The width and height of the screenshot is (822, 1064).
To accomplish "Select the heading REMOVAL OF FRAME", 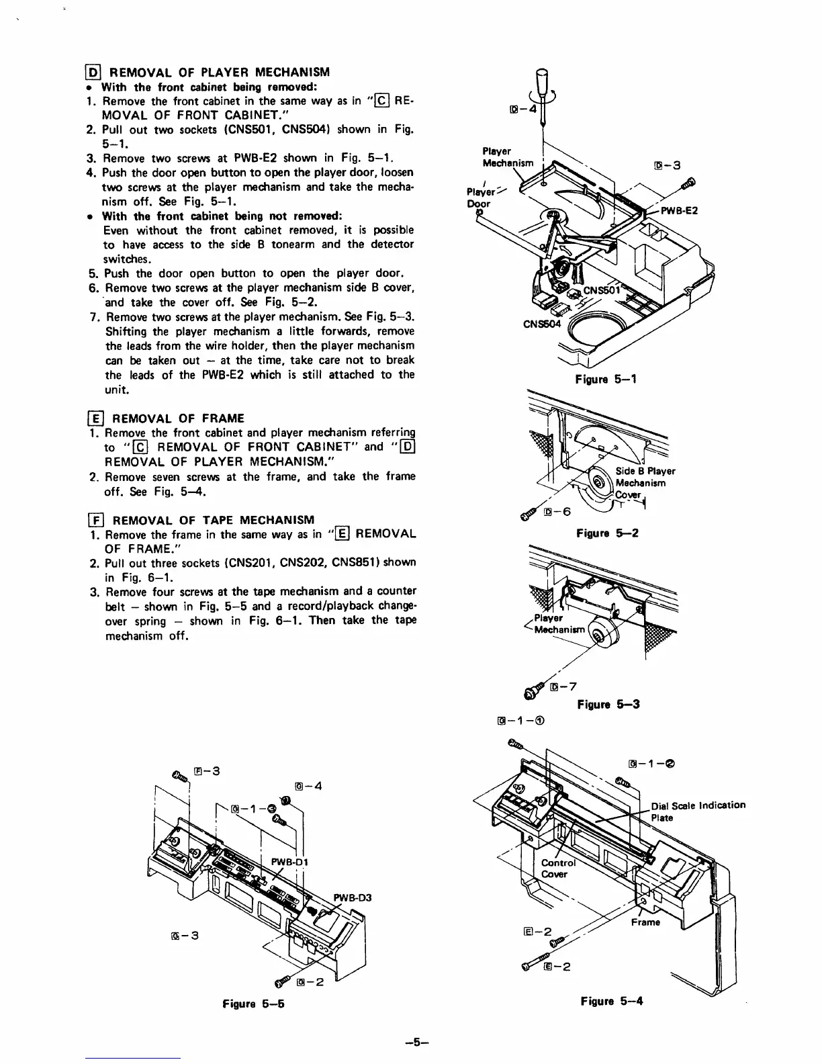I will (178, 418).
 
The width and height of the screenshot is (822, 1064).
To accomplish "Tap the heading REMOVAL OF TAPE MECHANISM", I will (213, 519).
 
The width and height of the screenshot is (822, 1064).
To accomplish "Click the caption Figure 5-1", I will (606, 380).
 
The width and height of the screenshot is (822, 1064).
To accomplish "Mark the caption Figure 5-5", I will (254, 1006).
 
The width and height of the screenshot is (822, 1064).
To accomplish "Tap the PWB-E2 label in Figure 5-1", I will (680, 210).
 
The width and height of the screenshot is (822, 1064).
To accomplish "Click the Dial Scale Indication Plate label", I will (698, 811).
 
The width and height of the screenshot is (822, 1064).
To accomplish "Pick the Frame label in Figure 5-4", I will (645, 922).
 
